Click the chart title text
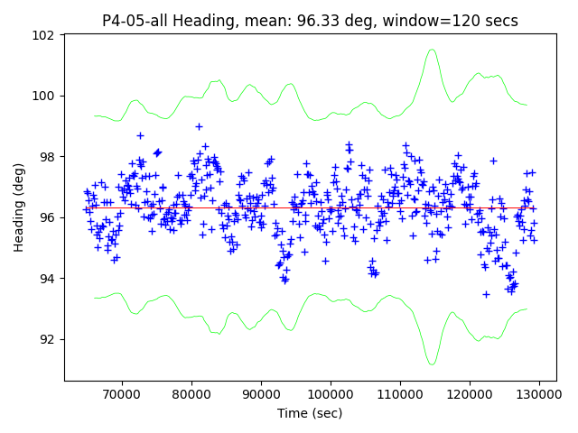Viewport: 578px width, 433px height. click(310, 21)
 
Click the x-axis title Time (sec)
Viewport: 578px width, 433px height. click(310, 413)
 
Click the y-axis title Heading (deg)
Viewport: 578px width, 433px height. click(19, 207)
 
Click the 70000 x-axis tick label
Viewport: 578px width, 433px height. click(121, 394)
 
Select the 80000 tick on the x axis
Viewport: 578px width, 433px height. click(191, 394)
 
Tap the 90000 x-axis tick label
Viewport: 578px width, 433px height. click(261, 394)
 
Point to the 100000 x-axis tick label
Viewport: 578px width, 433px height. click(331, 394)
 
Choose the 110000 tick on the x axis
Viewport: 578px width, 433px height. click(400, 394)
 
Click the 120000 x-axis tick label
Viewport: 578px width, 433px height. click(470, 394)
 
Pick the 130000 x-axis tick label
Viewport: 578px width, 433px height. click(539, 394)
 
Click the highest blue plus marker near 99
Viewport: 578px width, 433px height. click(199, 126)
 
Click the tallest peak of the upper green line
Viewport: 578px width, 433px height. click(432, 50)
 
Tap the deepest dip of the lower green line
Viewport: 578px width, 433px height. click(432, 364)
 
